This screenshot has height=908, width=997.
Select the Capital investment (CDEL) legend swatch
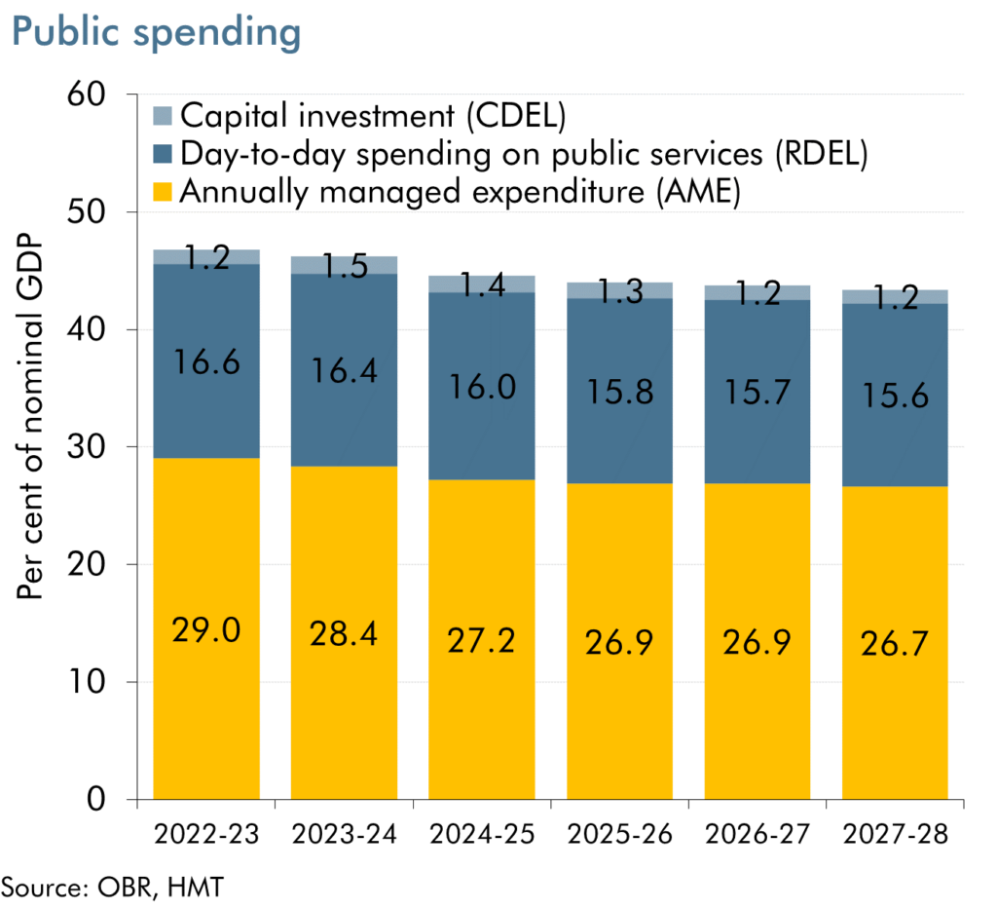[x=164, y=116]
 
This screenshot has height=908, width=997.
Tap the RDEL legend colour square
[x=164, y=154]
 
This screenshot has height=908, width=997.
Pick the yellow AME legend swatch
[x=164, y=192]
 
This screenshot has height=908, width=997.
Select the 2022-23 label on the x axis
[x=205, y=836]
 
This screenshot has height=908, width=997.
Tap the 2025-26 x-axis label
[x=619, y=836]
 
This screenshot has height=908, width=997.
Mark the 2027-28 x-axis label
[x=895, y=836]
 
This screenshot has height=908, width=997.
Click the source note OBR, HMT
[x=112, y=887]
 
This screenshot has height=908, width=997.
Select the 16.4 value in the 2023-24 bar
[x=343, y=371]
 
